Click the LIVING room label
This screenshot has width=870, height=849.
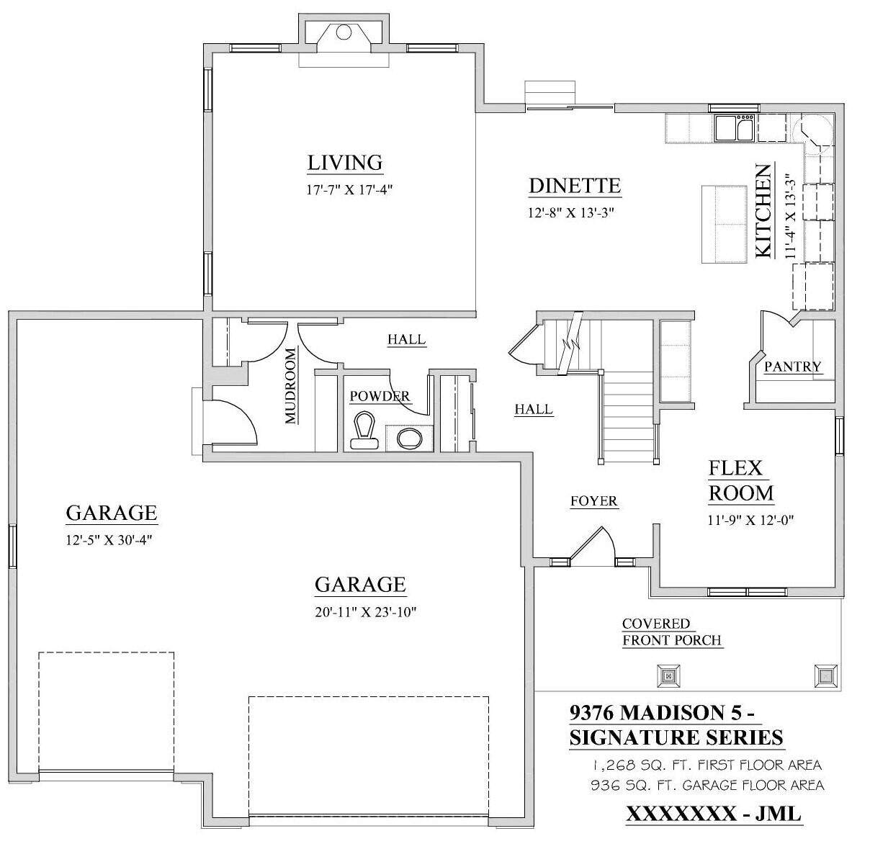tap(344, 163)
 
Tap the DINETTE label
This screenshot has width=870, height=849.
tap(574, 186)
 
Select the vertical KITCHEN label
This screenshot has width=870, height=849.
tap(763, 210)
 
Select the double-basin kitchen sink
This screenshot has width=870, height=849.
tap(734, 128)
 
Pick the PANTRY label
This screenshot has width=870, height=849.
tap(792, 367)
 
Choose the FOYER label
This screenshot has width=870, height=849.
tap(593, 501)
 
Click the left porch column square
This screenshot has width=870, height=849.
tap(668, 675)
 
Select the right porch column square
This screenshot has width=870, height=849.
tap(825, 675)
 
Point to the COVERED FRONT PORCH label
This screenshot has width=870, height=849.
tap(671, 632)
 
